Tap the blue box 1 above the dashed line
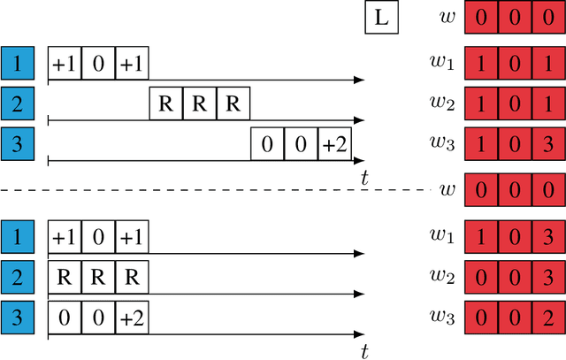tap(17, 63)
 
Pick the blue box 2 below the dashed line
tap(17, 279)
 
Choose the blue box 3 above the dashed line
tap(17, 145)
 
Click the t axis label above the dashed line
tap(364, 178)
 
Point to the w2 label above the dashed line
tap(442, 105)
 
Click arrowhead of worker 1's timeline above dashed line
tap(359, 80)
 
